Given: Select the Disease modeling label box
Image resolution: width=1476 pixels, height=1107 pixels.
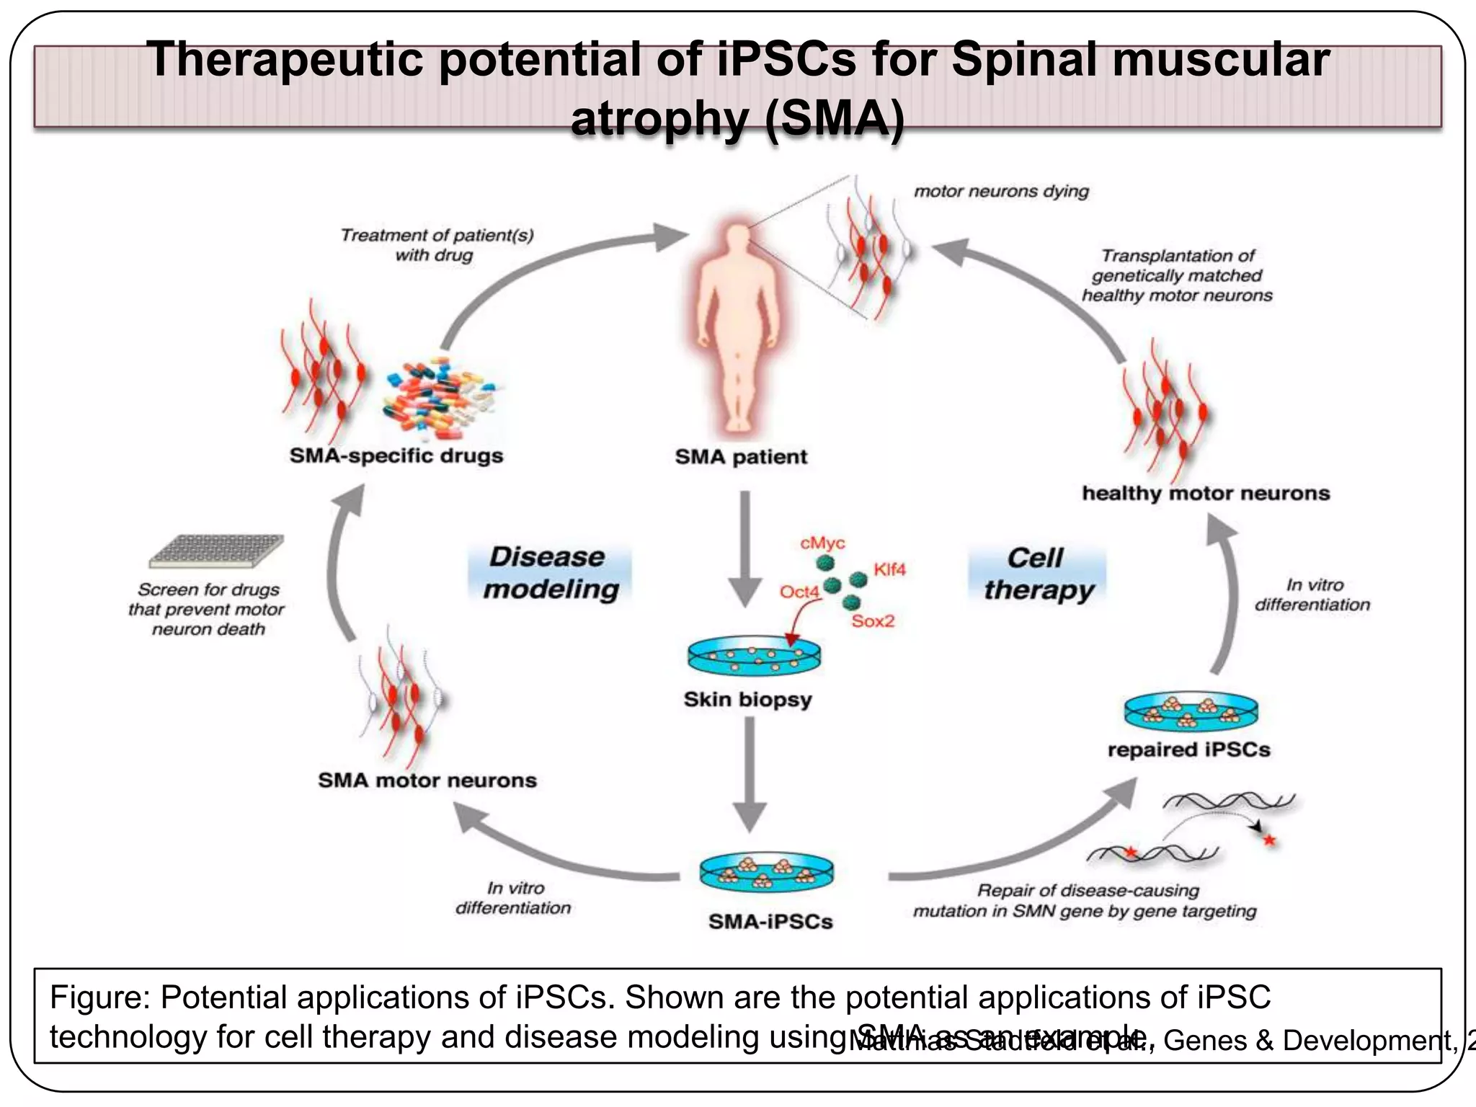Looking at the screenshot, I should pyautogui.click(x=551, y=573).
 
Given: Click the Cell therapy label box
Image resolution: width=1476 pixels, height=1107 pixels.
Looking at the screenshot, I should pyautogui.click(x=1037, y=573).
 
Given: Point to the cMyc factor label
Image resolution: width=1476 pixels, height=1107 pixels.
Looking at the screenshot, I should pyautogui.click(x=822, y=543).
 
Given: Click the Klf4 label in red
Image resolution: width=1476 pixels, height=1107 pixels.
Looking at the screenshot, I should pyautogui.click(x=889, y=569).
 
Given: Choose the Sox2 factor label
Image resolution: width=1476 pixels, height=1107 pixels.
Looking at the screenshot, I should pyautogui.click(x=872, y=621).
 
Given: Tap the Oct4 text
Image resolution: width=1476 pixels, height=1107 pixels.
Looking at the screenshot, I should pyautogui.click(x=799, y=592).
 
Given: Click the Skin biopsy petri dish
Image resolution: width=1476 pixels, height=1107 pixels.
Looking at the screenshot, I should pyautogui.click(x=754, y=654).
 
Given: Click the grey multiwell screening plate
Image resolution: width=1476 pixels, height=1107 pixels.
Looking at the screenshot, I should pyautogui.click(x=216, y=551).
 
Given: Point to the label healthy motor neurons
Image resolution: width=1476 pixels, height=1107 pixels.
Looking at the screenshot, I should pyautogui.click(x=1205, y=494).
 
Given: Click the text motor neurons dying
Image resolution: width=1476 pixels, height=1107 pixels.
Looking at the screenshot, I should pyautogui.click(x=1001, y=192).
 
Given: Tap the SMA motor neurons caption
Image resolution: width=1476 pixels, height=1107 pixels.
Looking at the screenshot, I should pyautogui.click(x=427, y=781).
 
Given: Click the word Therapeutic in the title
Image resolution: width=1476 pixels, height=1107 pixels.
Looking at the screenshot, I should pyautogui.click(x=284, y=59).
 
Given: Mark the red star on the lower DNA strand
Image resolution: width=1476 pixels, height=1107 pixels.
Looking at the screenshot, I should pyautogui.click(x=1131, y=853).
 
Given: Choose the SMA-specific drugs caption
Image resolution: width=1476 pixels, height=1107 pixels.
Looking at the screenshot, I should pyautogui.click(x=396, y=456).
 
